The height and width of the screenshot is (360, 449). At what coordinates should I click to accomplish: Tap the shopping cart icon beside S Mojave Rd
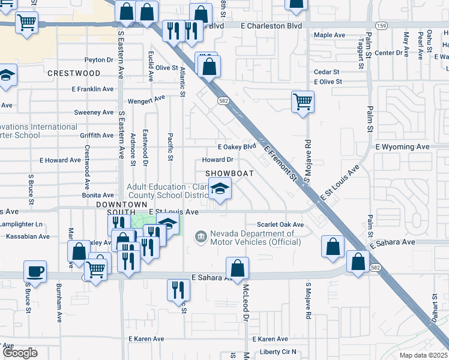[303, 101]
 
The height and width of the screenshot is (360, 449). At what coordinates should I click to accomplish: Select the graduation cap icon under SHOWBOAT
[220, 191]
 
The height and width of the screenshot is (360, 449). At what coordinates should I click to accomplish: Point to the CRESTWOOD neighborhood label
[74, 73]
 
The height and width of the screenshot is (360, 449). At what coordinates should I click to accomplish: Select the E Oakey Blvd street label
[237, 147]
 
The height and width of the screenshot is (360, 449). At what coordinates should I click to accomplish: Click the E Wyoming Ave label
[402, 146]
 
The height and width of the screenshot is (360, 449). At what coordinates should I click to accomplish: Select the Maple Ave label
[329, 35]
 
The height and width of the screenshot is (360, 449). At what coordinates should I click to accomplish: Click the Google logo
[20, 353]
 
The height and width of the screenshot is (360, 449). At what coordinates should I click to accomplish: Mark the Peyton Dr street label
[99, 60]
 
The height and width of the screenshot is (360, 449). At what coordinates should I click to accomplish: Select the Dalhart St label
[435, 308]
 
